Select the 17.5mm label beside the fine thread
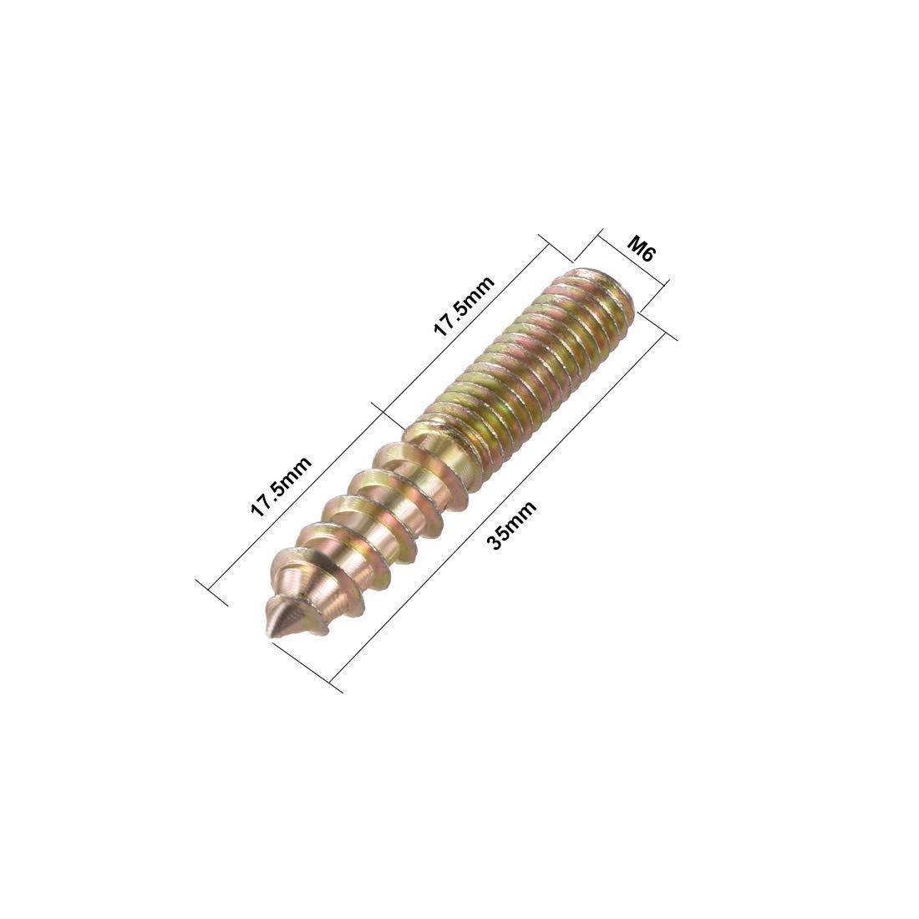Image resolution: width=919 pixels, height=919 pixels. pos(464,306)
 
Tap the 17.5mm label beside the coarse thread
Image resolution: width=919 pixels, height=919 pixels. pos(282,487)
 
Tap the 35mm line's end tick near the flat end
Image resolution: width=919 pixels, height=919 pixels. pos(659,327)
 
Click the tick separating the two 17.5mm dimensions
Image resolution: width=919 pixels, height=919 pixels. pos(383,409)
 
